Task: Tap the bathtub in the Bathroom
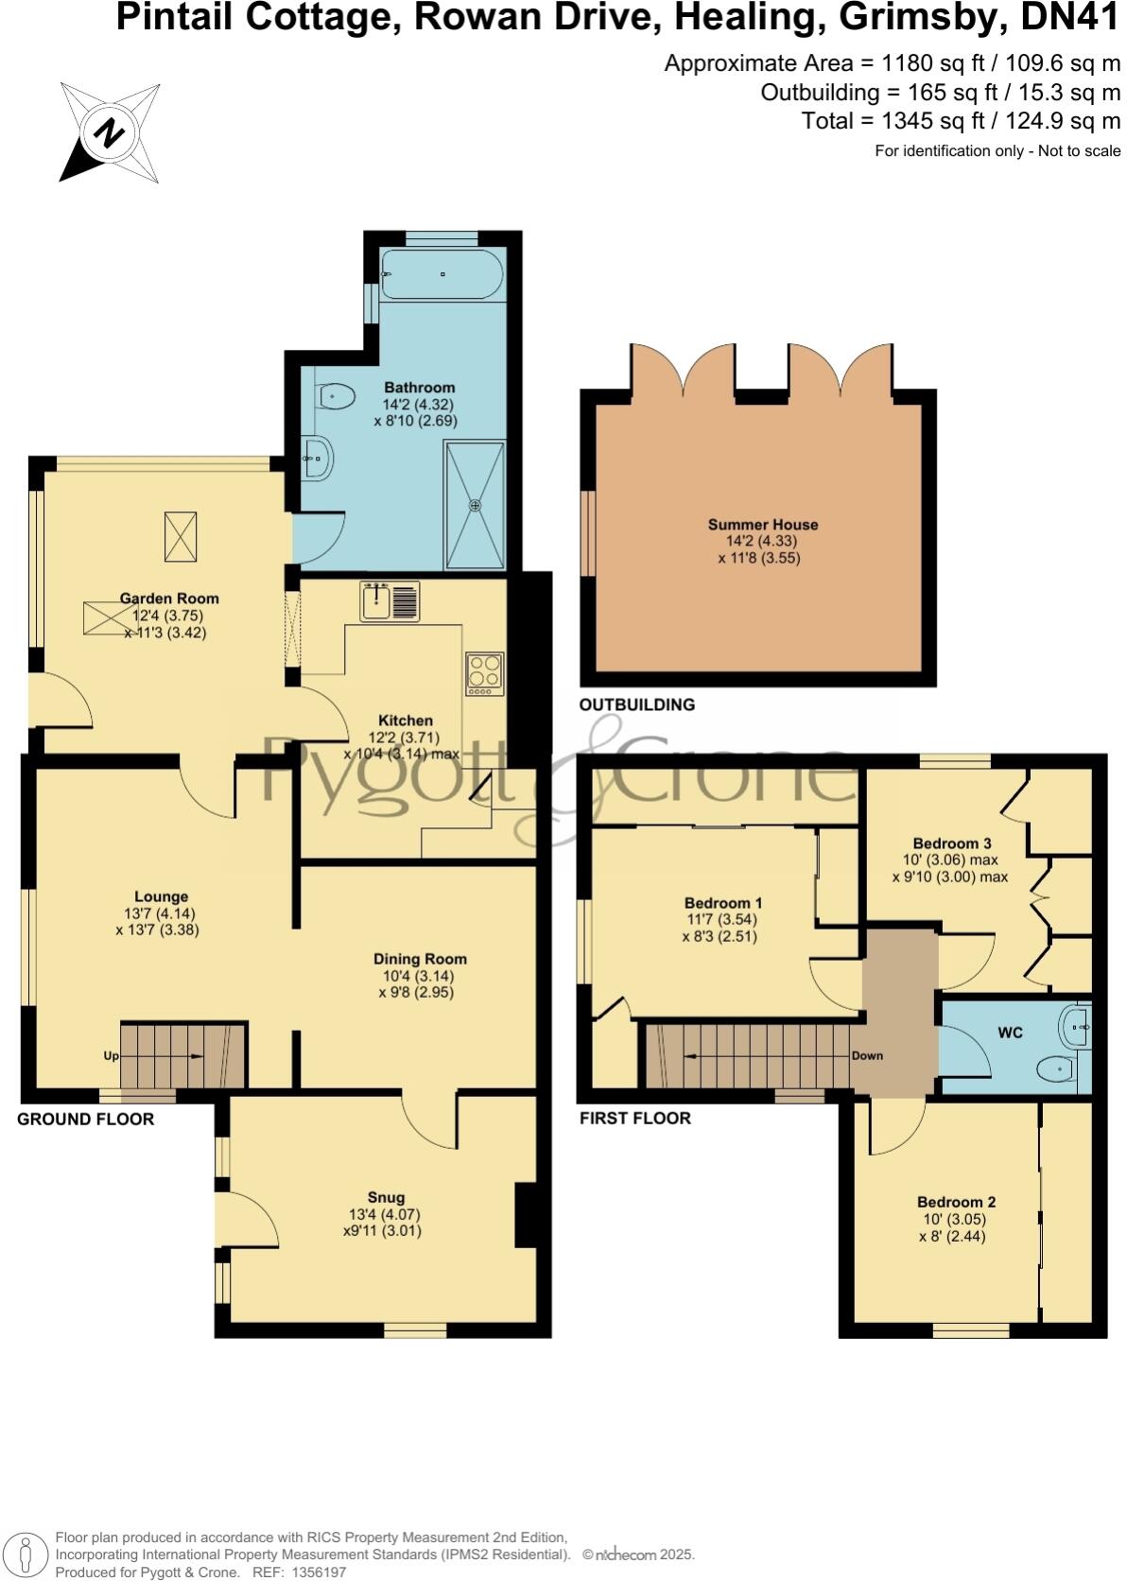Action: click(442, 274)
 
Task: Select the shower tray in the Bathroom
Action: click(475, 505)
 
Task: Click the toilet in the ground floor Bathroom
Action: click(335, 396)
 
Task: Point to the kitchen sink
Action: click(376, 601)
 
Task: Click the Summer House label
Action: click(763, 525)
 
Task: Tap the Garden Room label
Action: click(169, 599)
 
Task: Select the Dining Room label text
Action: click(420, 959)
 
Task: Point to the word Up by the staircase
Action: click(111, 1055)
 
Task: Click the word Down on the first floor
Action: click(867, 1055)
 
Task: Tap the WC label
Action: click(1011, 1033)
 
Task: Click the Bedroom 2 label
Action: click(956, 1203)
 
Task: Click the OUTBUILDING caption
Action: click(636, 704)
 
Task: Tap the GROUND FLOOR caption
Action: click(85, 1120)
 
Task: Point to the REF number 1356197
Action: click(320, 1572)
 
